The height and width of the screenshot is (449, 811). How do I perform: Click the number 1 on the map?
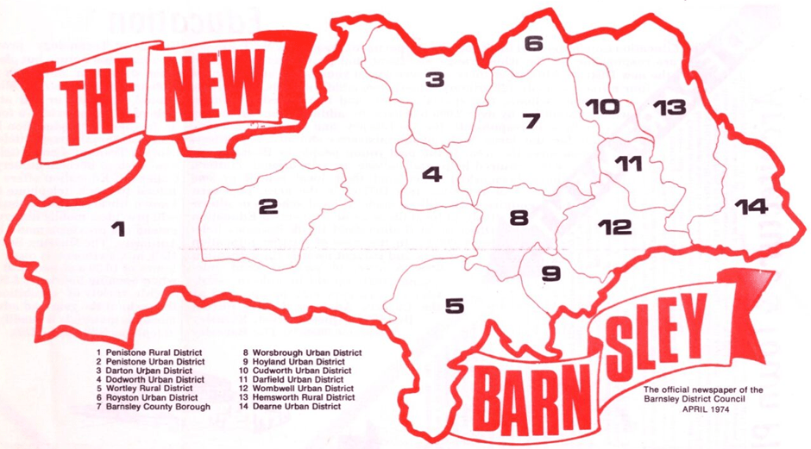click(x=118, y=228)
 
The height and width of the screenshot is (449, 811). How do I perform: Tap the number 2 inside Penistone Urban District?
click(x=267, y=207)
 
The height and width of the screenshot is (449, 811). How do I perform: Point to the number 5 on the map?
click(x=454, y=305)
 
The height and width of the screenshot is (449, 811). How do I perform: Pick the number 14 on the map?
click(x=750, y=206)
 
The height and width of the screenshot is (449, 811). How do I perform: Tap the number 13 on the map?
click(x=669, y=108)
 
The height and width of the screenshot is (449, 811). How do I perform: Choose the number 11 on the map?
click(x=627, y=164)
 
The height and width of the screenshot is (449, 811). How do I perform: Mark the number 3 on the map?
click(x=434, y=80)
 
